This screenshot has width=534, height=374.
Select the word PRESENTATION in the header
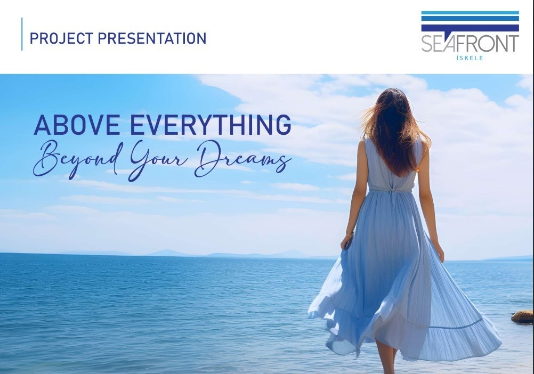pos(152,38)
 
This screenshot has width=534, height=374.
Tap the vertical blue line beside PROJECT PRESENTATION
pos(22,34)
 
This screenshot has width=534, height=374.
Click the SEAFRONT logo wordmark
pos(470,44)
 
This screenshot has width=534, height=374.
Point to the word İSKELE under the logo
pos(470,58)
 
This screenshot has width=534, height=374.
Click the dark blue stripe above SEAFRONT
pos(470,28)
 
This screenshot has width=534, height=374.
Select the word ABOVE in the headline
pos(77,125)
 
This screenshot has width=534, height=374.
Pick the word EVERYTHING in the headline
pos(211,125)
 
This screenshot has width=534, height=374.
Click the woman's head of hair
pos(396,129)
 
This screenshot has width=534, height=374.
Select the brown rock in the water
pos(522,316)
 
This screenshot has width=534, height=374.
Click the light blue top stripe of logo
pos(470,13)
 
